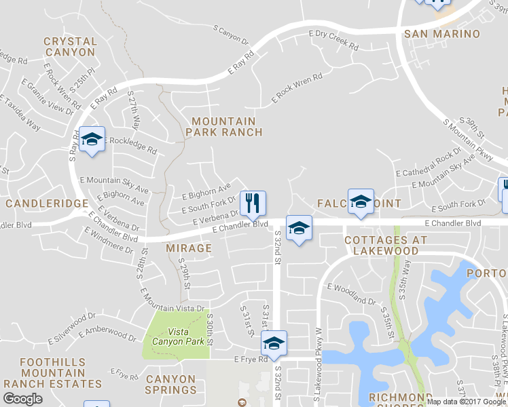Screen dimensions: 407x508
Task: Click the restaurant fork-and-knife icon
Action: [x=253, y=202]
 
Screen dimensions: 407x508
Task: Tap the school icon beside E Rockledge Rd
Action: [x=91, y=140]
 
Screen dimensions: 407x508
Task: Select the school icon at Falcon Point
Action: [x=361, y=201]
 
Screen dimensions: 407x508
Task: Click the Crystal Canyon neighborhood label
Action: [x=69, y=46]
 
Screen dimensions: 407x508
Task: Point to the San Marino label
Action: [x=441, y=34]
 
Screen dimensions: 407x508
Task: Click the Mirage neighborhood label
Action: [x=189, y=248]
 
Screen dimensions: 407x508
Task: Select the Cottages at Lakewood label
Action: [x=386, y=246]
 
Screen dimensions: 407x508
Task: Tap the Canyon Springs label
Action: [x=170, y=385]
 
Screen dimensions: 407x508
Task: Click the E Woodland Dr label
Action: [x=350, y=294]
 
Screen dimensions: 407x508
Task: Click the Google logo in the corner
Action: [x=22, y=399]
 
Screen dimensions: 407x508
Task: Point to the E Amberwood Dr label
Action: [x=107, y=332]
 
